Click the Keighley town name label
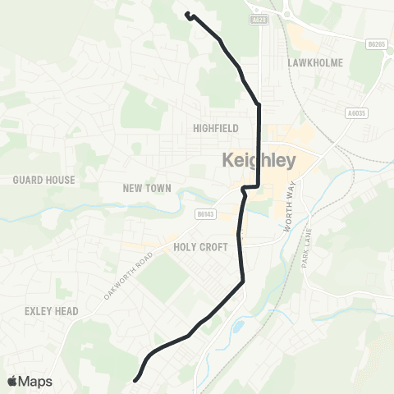259,161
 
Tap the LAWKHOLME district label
314,62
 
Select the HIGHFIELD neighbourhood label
215,128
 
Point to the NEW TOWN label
147,188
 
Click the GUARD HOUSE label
44,180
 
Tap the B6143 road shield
205,213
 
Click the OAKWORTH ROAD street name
129,268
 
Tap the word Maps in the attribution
35,381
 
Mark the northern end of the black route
187,14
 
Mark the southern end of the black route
135,379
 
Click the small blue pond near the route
237,327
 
